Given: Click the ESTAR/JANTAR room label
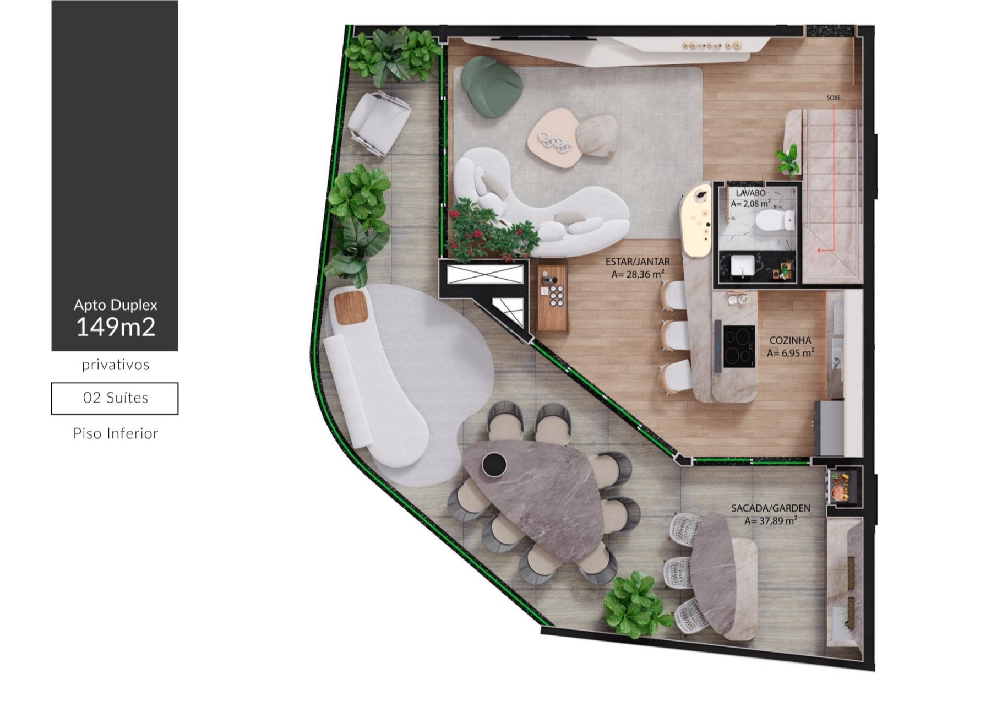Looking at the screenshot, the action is coord(638,262).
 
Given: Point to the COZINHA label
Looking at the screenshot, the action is coord(790,341).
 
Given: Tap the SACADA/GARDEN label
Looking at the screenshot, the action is coord(770,508).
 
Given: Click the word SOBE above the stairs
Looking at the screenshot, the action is coord(834,98).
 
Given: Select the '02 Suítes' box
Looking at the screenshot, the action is coord(115,398).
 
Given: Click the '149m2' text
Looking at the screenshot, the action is coord(116,327).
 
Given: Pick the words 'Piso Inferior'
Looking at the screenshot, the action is coord(116,433).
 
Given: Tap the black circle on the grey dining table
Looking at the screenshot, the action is coord(493,464).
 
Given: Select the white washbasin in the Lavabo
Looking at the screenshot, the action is coord(743,265).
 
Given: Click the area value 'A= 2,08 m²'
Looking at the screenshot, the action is coord(750,204).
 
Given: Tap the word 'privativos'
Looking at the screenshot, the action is coord(116,365).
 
